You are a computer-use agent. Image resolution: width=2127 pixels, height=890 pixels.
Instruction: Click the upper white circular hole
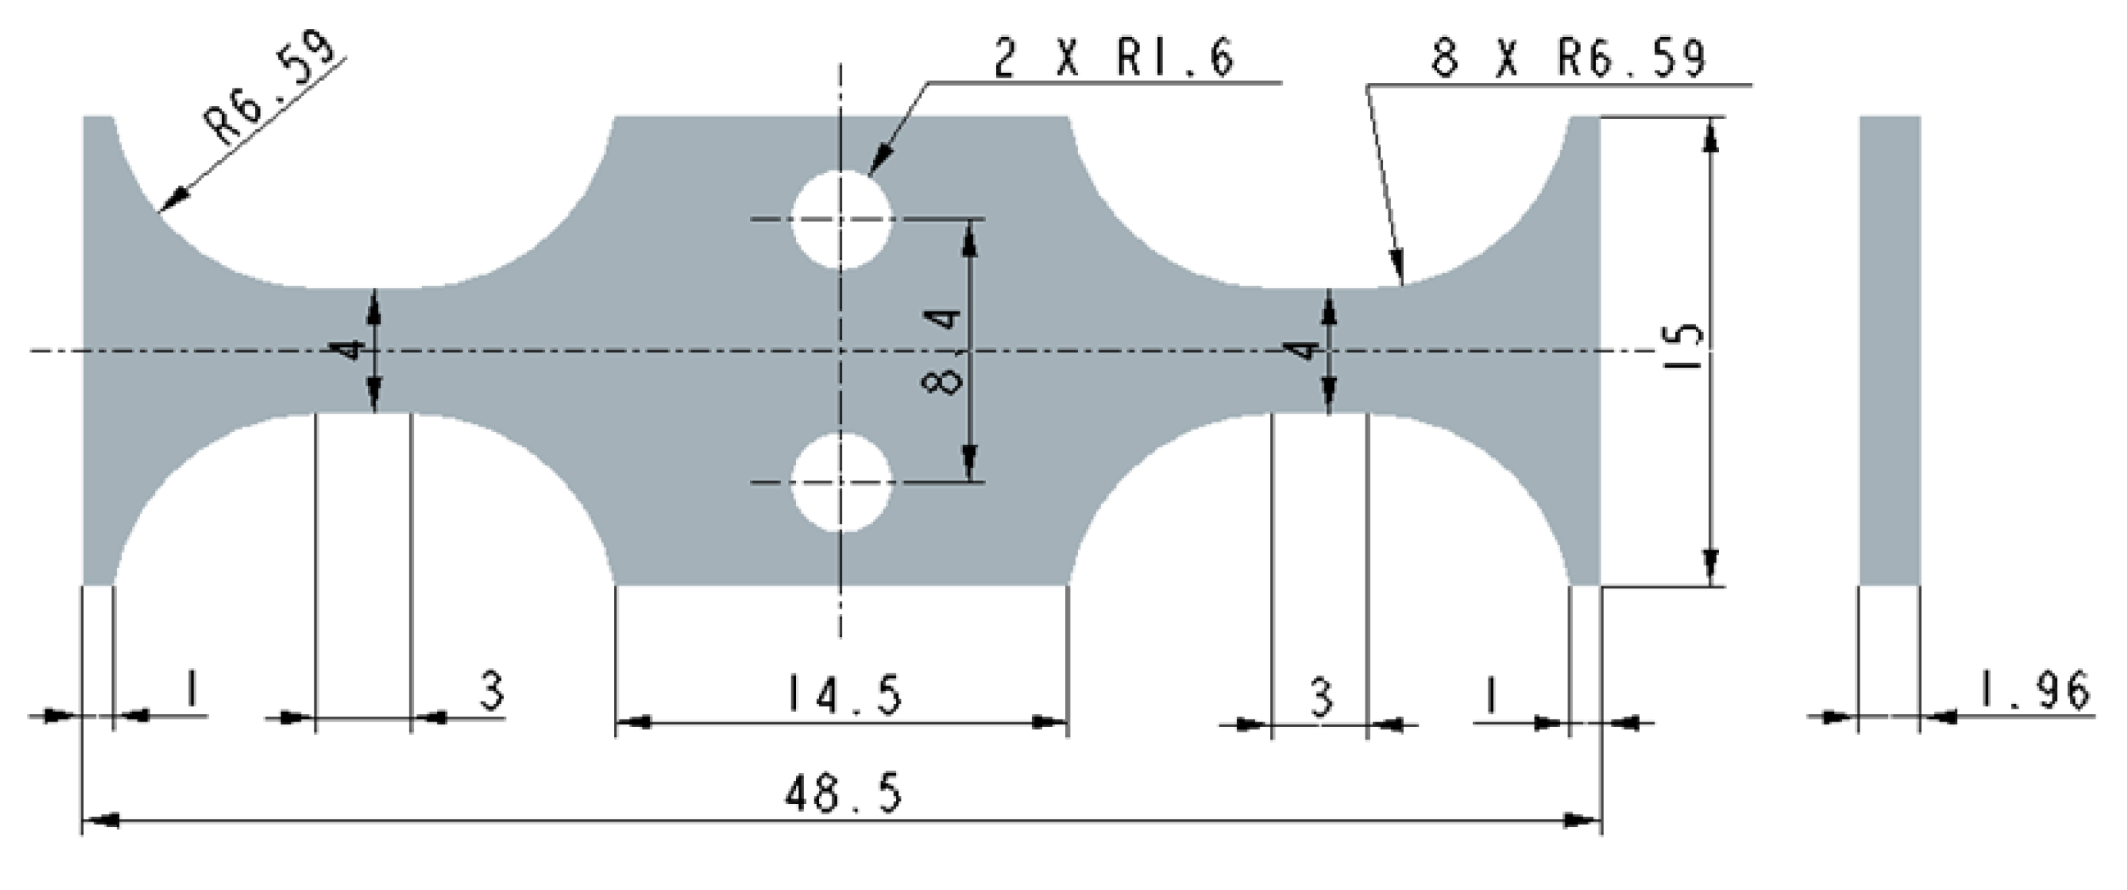841,220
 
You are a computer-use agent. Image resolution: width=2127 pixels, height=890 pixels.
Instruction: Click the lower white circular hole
841,482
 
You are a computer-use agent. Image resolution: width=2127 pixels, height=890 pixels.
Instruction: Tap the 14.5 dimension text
842,693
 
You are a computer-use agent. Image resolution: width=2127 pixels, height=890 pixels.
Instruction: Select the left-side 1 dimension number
191,689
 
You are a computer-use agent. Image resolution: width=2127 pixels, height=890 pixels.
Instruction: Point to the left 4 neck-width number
352,350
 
